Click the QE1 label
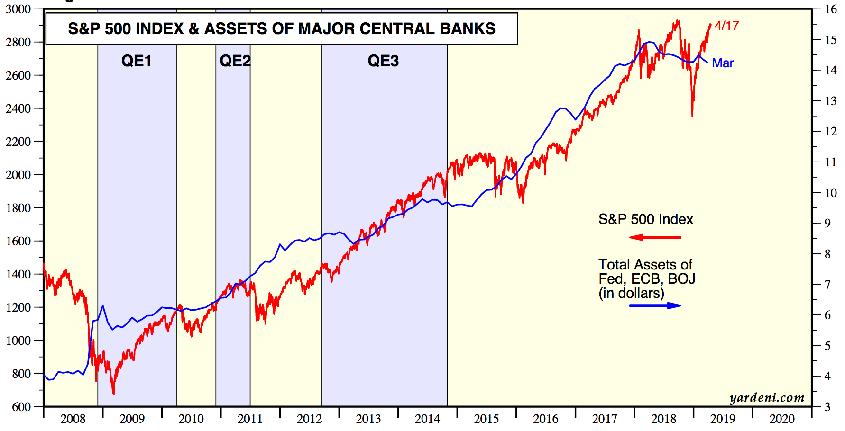tap(136, 61)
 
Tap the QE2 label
tap(235, 61)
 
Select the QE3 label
tap(383, 61)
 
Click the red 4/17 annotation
tap(726, 26)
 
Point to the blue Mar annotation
tap(723, 63)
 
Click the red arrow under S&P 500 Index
tap(655, 237)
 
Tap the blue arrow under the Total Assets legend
tap(655, 305)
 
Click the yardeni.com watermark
tap(767, 398)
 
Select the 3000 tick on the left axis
tap(18, 9)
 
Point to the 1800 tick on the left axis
tap(18, 208)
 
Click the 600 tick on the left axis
tap(21, 407)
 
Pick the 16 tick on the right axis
tap(831, 9)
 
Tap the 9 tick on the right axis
tap(827, 223)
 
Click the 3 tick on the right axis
tap(827, 407)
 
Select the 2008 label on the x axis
tap(73, 419)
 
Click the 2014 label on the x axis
tap(427, 419)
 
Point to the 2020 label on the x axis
tap(782, 419)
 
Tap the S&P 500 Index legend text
tap(645, 219)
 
